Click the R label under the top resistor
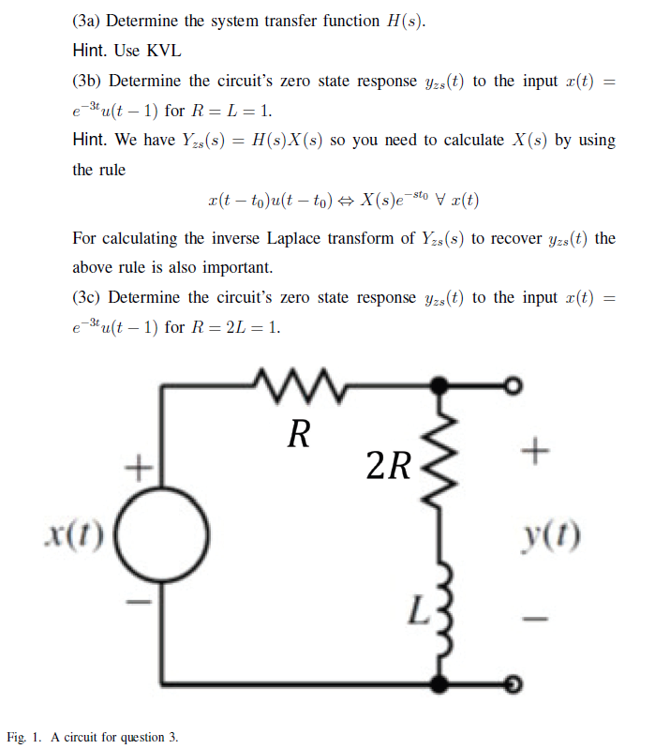click(x=298, y=433)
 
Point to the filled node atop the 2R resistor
click(x=438, y=384)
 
